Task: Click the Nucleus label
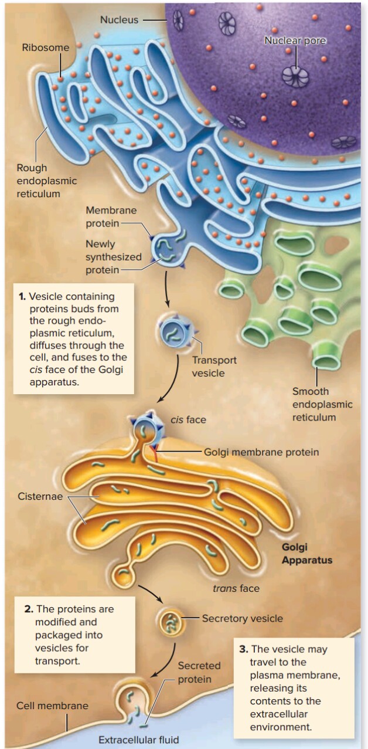coord(119,19)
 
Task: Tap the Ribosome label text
coord(46,48)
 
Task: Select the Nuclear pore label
coord(295,40)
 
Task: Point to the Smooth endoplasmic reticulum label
coord(322,404)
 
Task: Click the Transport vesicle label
coord(214,366)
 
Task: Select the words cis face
coord(188,420)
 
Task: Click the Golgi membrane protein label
coord(261,452)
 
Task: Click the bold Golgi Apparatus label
coord(306,553)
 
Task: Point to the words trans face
coord(236,588)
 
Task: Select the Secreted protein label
coord(199,672)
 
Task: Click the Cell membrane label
coord(52,706)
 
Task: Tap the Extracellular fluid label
coord(138,739)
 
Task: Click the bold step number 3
coord(244,649)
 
